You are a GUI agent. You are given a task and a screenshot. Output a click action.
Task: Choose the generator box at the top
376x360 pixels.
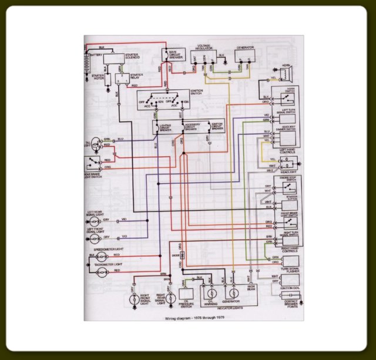coord(245,56)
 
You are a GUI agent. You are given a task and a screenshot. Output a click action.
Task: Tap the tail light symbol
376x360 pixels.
coord(92,144)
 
